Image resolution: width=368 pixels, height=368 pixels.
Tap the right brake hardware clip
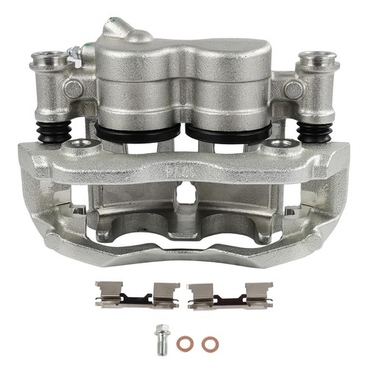[230, 294]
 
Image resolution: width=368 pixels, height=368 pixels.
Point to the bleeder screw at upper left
[74, 54]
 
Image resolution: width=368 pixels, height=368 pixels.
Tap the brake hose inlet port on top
[135, 28]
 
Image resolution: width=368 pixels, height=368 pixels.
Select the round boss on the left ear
[71, 89]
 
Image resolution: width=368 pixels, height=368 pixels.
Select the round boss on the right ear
[294, 89]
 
